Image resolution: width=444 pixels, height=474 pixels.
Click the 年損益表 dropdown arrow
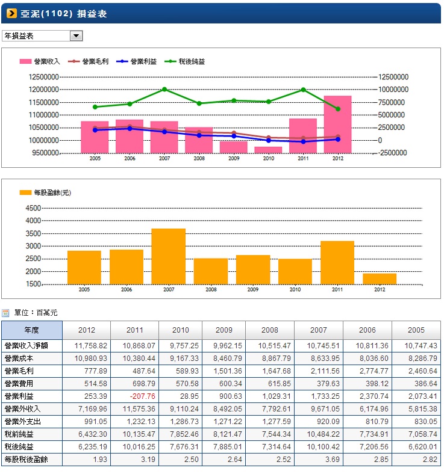77,36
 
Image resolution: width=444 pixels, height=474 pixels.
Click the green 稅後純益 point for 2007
164,90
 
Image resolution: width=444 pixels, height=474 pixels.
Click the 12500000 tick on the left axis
43,77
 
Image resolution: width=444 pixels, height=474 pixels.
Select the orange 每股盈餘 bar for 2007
169,256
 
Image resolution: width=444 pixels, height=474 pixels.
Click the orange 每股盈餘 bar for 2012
380,279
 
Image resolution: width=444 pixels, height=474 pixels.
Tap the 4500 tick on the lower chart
34,208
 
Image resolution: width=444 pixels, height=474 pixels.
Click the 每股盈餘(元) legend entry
46,192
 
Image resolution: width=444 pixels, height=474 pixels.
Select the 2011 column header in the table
135,330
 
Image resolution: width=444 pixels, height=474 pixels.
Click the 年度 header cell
31,330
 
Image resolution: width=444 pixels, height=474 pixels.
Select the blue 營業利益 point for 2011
303,141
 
